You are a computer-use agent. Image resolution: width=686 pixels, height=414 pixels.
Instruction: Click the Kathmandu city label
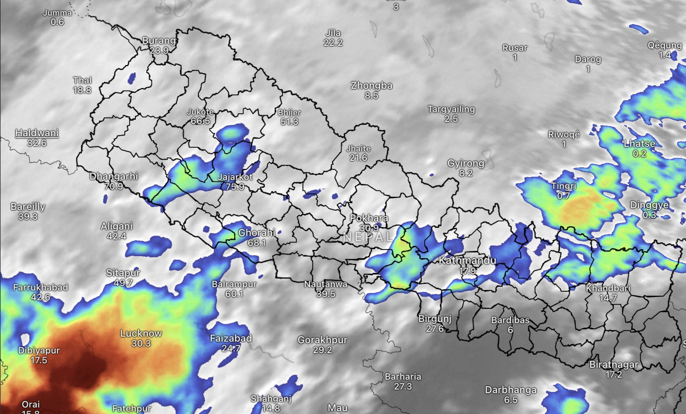click(x=467, y=260)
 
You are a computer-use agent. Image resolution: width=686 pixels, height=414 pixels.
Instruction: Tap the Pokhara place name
click(x=369, y=218)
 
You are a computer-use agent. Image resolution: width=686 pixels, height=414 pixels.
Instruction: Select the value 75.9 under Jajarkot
click(x=235, y=187)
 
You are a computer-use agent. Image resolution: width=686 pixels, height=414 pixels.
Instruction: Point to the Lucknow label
click(x=141, y=333)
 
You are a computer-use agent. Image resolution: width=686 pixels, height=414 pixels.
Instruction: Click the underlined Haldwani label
click(x=37, y=133)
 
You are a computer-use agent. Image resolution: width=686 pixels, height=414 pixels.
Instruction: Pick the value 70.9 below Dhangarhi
click(x=114, y=186)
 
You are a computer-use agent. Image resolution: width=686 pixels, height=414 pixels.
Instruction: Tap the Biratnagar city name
click(x=613, y=365)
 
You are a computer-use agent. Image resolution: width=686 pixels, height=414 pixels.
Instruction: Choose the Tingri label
click(x=563, y=186)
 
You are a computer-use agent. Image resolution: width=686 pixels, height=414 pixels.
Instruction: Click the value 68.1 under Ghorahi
click(x=257, y=243)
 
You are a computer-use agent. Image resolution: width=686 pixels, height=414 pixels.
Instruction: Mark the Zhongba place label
click(x=371, y=86)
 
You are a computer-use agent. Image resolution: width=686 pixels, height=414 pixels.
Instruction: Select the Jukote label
click(x=200, y=112)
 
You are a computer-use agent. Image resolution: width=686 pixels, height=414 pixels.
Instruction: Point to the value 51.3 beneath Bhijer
click(x=289, y=122)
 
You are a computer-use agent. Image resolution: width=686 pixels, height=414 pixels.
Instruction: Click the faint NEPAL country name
click(x=368, y=237)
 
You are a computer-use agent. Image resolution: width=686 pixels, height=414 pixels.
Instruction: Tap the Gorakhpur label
click(x=322, y=340)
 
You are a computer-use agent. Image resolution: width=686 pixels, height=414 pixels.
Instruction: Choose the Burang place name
click(x=159, y=40)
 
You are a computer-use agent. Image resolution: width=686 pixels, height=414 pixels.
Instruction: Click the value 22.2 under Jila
click(x=333, y=43)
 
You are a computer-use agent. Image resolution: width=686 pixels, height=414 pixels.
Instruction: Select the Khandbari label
click(x=608, y=288)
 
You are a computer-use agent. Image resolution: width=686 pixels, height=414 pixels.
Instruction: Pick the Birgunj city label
click(x=435, y=319)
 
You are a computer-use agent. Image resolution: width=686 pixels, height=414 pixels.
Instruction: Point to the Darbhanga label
click(x=511, y=390)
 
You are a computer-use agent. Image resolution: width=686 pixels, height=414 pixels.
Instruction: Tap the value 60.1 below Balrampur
click(x=234, y=294)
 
